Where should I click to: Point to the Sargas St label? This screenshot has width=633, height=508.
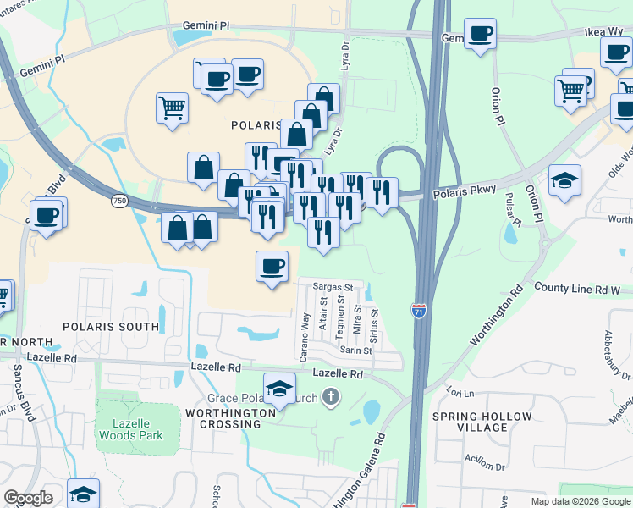[338, 287]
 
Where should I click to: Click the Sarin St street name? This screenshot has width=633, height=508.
[355, 350]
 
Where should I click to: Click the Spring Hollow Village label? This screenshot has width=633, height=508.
[482, 422]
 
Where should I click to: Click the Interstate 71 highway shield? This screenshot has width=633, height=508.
[419, 312]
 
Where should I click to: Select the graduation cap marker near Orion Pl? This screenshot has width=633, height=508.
[564, 180]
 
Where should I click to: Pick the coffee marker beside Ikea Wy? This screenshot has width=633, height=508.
[480, 34]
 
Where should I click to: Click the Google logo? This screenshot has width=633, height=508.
[28, 498]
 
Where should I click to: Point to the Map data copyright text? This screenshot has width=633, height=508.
[580, 501]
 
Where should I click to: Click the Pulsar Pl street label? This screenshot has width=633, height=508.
[510, 207]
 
